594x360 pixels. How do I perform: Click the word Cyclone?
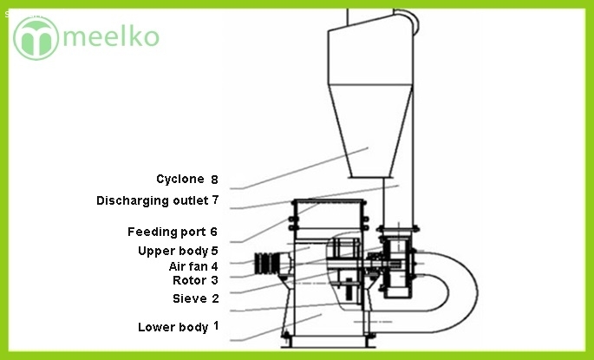tap(180, 180)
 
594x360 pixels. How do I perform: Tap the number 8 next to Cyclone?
tap(213, 180)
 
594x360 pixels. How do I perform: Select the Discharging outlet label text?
tap(152, 200)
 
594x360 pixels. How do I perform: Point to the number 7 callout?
tap(214, 200)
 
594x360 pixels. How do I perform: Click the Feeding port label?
tap(166, 232)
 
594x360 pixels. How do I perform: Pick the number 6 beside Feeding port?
tap(213, 232)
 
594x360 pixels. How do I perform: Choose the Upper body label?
tap(173, 251)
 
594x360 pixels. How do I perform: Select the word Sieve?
tap(189, 298)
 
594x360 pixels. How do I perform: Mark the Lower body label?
tap(173, 327)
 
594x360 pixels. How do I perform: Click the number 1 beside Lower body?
tap(216, 325)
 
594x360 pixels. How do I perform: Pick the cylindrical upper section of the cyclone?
tap(367, 56)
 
